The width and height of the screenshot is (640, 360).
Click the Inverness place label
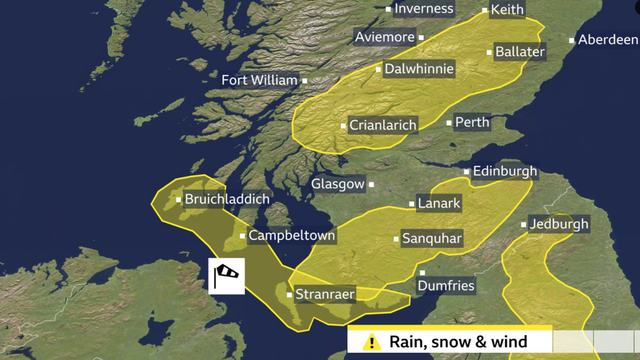pos(424,9)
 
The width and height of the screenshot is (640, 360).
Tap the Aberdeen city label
pos(608,40)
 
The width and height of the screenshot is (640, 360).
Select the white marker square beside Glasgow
pos(371,184)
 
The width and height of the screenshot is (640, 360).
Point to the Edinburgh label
pos(505,171)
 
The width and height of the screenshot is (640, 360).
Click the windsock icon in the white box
pos(226,276)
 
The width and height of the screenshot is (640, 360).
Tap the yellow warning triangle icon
pos(371,342)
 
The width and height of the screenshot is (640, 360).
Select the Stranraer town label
pos(325,294)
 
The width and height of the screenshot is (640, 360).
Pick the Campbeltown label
pos(291,235)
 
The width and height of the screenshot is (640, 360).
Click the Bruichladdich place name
pos(227,199)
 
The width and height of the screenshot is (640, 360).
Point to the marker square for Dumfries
pos(422,273)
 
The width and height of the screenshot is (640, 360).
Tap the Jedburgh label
pos(559,224)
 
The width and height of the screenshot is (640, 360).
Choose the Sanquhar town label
pos(431,239)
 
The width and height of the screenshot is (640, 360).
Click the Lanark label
pos(439,203)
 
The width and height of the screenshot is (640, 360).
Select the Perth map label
pos(472,122)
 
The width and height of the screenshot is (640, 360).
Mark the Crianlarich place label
pos(382,125)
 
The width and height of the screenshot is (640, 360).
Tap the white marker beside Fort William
pos(305,80)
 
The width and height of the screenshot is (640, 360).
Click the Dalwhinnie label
pos(419,69)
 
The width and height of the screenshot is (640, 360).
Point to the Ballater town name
pos(520,52)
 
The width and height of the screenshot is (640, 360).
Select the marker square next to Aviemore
pos(421,37)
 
